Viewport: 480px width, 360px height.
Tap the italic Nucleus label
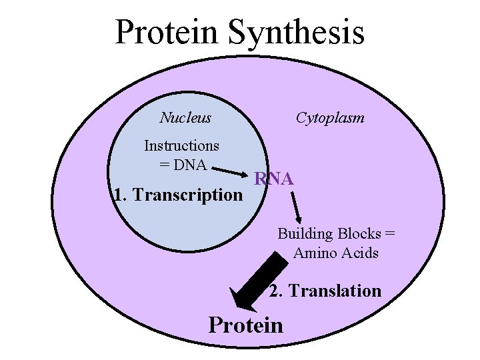point(185,118)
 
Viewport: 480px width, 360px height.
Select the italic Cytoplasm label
point(330,118)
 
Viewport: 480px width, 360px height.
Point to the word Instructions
point(181,145)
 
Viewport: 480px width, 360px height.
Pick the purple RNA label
point(273,179)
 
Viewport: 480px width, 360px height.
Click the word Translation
point(335,291)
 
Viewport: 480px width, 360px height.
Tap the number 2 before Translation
point(274,291)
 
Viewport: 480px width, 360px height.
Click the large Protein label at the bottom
point(246,325)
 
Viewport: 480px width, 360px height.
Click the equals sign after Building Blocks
point(390,234)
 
